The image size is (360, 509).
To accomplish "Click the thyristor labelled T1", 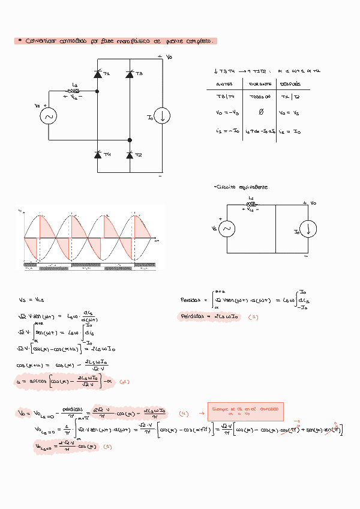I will [97, 74].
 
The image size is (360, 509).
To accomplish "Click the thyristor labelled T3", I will [130, 74].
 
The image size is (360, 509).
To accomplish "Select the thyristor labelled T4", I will [97, 155].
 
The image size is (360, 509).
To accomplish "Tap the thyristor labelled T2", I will [130, 155].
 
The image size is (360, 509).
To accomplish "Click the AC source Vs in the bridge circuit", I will [48, 116].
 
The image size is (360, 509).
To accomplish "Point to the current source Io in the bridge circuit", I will [162, 116].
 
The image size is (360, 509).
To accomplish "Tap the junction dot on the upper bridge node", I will [97, 91].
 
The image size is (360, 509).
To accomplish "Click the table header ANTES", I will [225, 84].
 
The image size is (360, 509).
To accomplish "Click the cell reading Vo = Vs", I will [289, 113].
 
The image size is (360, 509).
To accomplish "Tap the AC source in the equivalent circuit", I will [227, 229].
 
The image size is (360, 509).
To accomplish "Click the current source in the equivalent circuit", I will [308, 229].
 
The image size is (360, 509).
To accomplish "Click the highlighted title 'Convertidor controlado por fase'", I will [114, 41].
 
